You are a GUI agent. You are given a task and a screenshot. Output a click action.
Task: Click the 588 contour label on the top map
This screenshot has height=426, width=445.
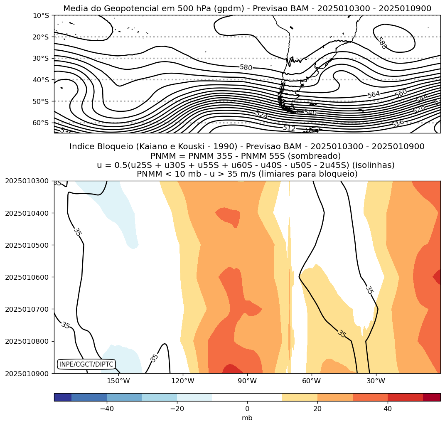pos(381,43)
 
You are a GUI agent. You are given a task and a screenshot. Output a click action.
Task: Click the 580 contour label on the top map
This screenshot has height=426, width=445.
pos(246,67)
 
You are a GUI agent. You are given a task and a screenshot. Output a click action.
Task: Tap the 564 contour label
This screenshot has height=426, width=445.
pos(374,95)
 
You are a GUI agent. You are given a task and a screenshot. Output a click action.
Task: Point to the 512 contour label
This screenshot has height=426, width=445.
pos(289,128)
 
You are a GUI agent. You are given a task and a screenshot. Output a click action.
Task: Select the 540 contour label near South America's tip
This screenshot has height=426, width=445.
pos(310,113)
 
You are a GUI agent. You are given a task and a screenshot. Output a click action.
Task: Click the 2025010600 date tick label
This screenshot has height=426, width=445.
pos(27,277)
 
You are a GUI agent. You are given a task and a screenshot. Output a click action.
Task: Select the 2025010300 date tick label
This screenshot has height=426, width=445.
pos(27,181)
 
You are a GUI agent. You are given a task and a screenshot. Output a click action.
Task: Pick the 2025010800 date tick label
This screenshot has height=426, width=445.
pos(27,341)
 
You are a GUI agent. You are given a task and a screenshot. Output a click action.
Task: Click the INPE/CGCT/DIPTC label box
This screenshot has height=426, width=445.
pos(86,364)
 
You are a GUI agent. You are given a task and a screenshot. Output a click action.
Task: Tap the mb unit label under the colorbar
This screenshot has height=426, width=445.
pos(247,418)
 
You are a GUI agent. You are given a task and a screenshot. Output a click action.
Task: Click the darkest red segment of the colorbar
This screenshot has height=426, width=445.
pos(432,397)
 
